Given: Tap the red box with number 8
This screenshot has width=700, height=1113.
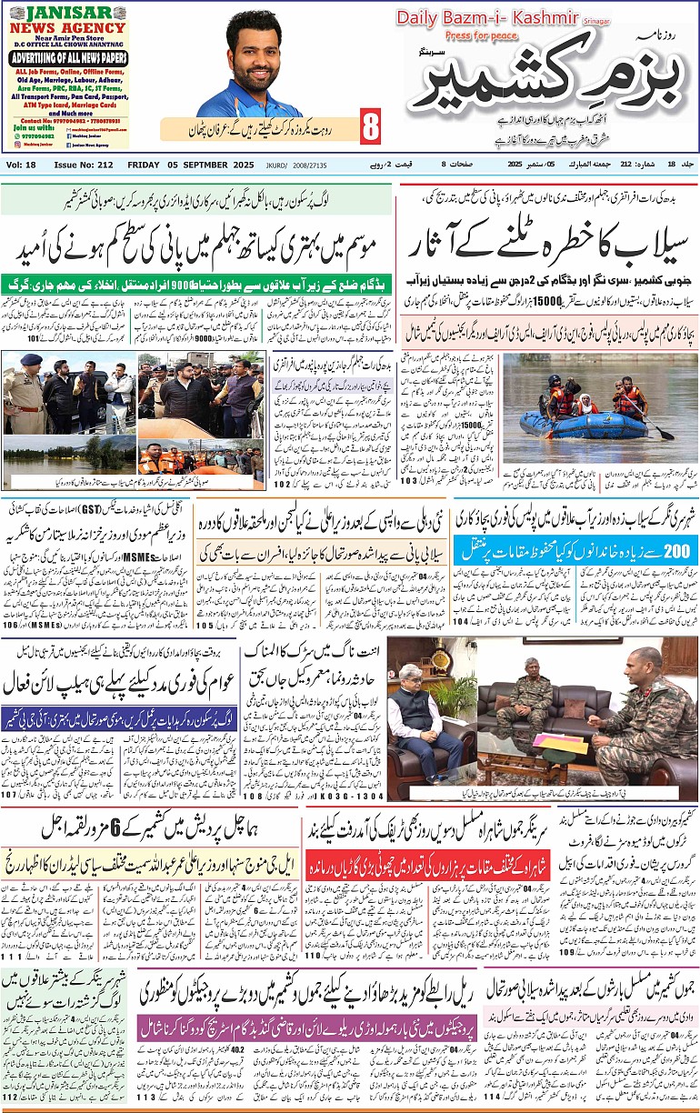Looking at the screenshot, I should pos(370,127).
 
